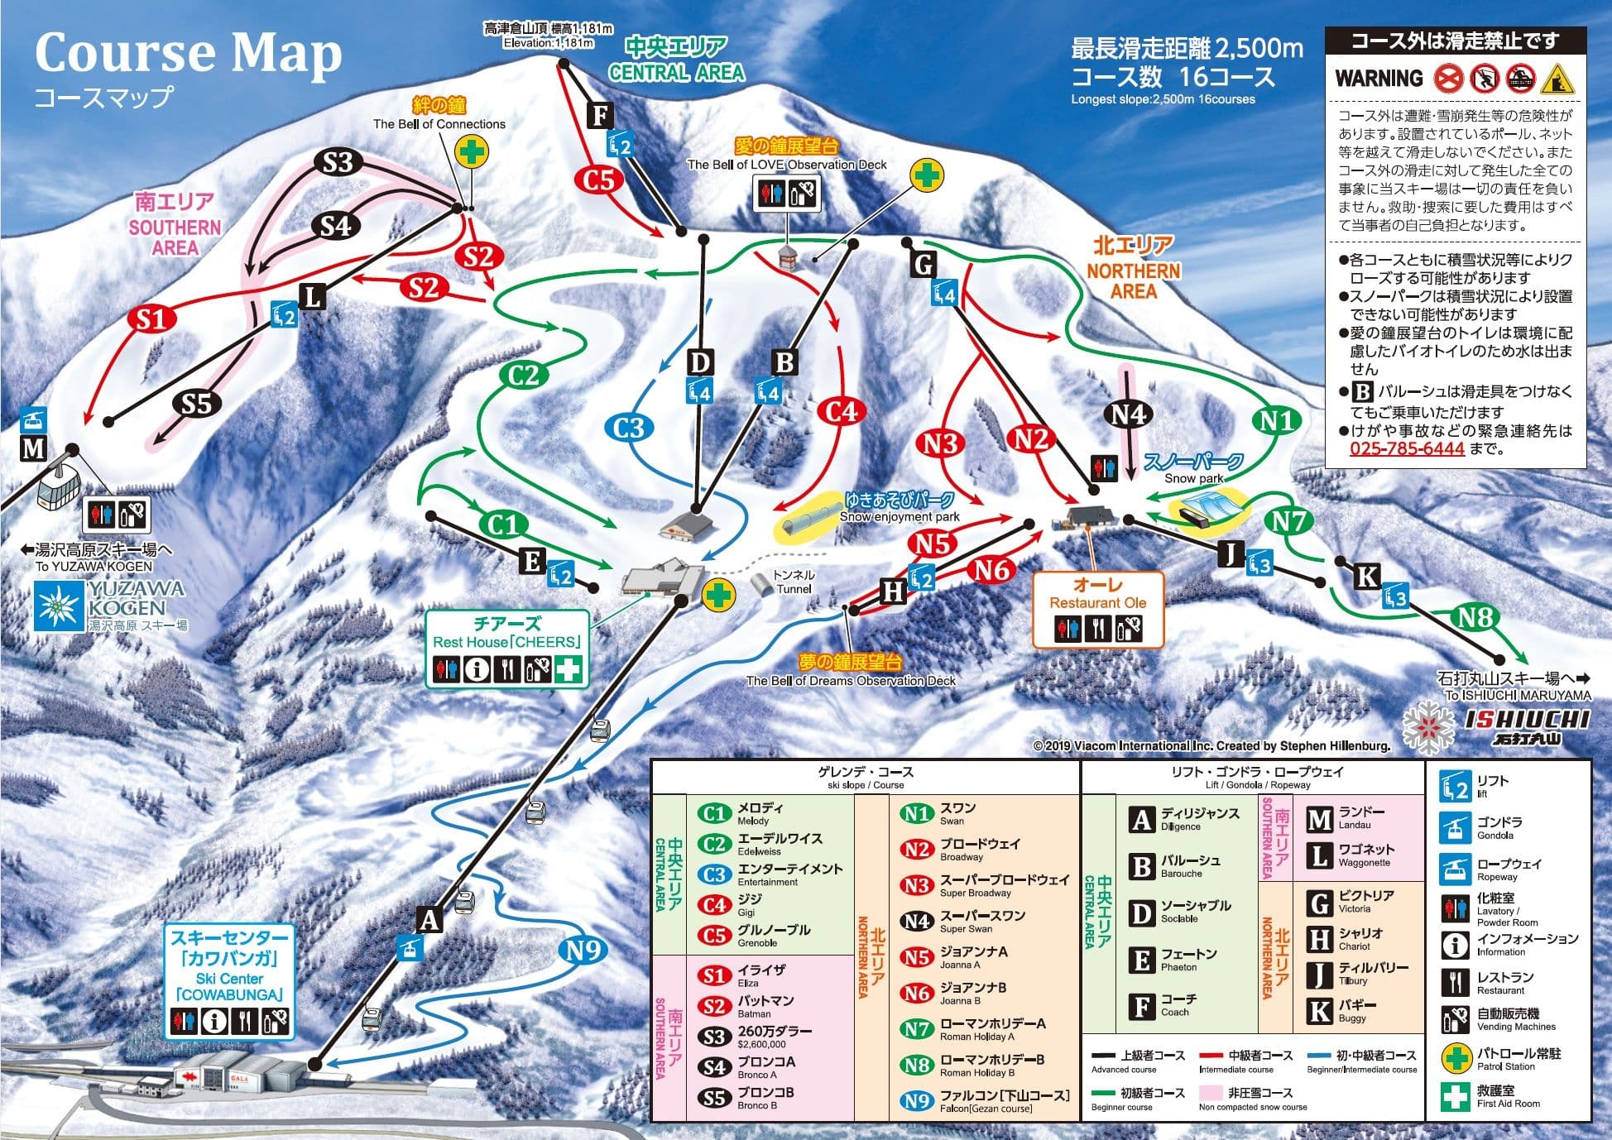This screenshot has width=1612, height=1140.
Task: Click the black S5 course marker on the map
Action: pyautogui.click(x=197, y=404)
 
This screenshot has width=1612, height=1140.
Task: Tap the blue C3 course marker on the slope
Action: pyautogui.click(x=629, y=428)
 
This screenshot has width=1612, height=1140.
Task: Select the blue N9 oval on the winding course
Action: pyautogui.click(x=583, y=950)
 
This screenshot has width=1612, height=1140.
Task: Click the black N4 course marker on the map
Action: pyautogui.click(x=1129, y=414)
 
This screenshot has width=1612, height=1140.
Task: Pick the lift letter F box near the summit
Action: pyautogui.click(x=600, y=114)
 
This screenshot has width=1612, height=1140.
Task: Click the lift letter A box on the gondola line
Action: pyautogui.click(x=429, y=919)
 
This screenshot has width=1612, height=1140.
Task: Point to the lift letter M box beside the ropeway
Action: pyautogui.click(x=33, y=449)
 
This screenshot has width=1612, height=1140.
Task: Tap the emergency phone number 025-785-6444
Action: pyautogui.click(x=1407, y=448)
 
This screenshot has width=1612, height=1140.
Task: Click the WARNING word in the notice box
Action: pyautogui.click(x=1379, y=79)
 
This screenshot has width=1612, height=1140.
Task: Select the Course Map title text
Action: pyautogui.click(x=188, y=54)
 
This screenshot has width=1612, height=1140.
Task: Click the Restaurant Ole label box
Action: pyautogui.click(x=1097, y=609)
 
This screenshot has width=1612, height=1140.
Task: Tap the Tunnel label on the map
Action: pyautogui.click(x=794, y=582)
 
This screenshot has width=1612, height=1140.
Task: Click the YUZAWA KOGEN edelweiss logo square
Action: pyautogui.click(x=58, y=605)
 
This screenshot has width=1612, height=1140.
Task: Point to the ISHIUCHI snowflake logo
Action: pyautogui.click(x=1429, y=728)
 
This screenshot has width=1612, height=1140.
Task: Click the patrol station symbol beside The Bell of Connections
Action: pyautogui.click(x=472, y=151)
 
